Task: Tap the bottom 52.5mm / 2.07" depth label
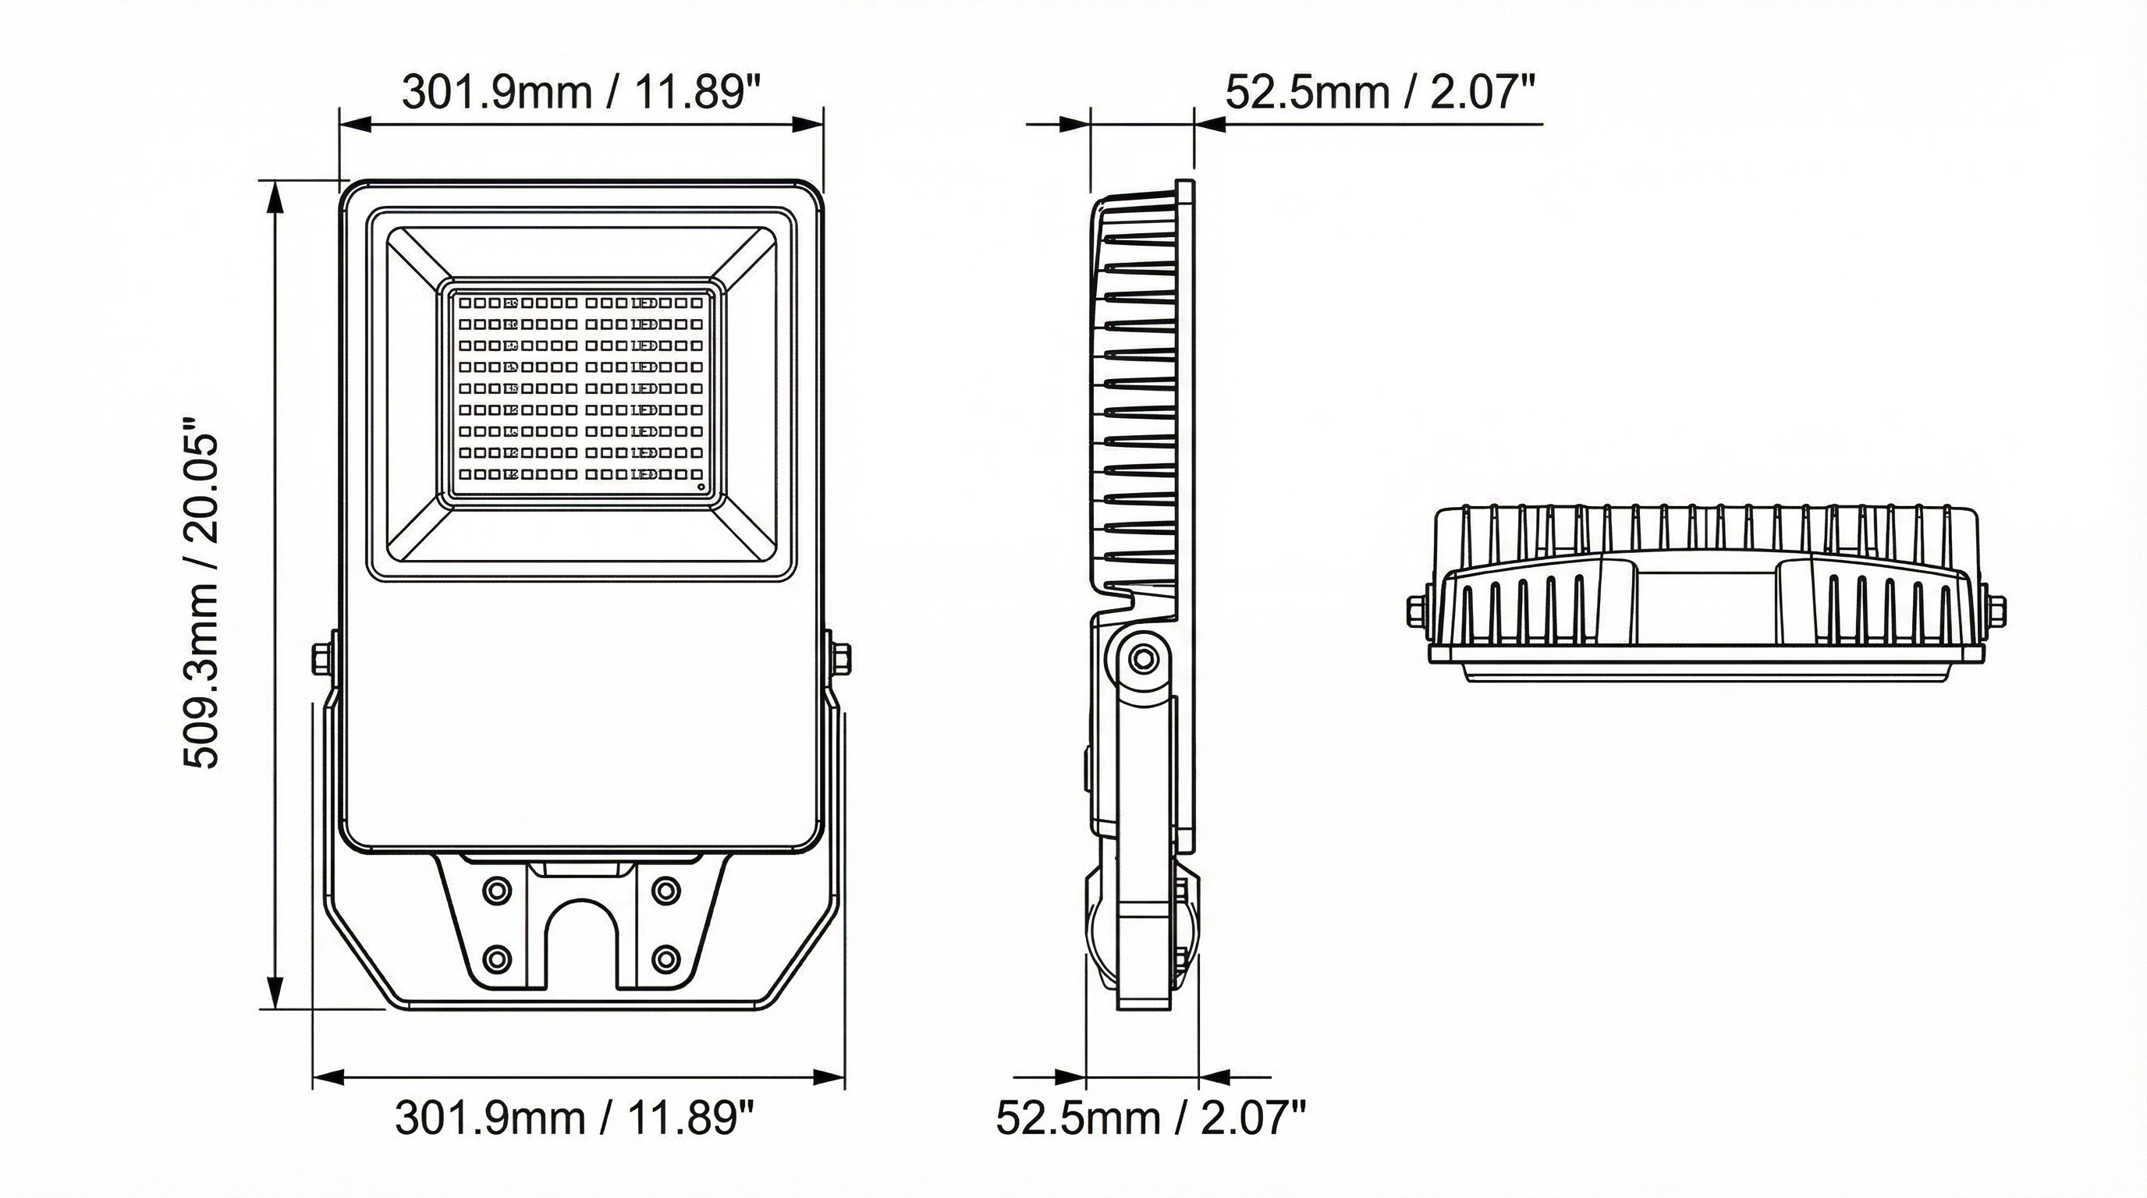pyautogui.click(x=1151, y=1117)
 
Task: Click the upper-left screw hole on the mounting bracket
pyautogui.click(x=499, y=891)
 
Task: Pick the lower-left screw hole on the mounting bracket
pyautogui.click(x=499, y=958)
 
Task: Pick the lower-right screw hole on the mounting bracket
pyautogui.click(x=665, y=958)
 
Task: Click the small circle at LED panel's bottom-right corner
pyautogui.click(x=700, y=487)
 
